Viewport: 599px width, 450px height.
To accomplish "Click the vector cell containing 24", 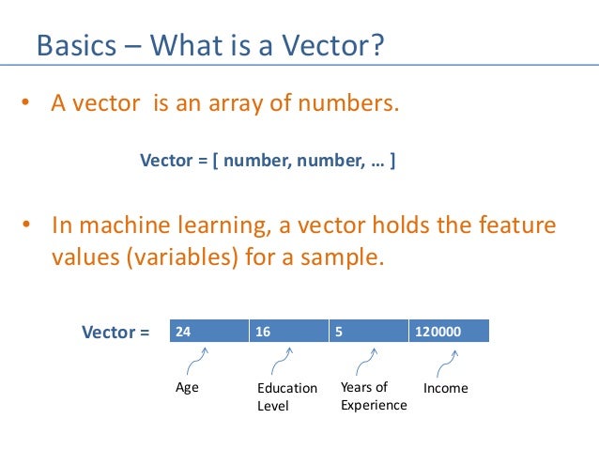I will [207, 332].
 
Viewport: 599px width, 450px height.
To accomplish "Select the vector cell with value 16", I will [287, 332].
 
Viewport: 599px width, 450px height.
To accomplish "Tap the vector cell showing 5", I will [367, 332].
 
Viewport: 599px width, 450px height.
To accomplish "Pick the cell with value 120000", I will [449, 332].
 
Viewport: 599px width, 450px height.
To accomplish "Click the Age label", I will [188, 387].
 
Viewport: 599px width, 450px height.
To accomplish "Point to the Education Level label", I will [286, 396].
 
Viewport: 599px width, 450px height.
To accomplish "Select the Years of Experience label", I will [374, 396].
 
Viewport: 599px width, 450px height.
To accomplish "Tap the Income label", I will [445, 388].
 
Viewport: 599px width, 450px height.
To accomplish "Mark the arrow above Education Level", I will [281, 361].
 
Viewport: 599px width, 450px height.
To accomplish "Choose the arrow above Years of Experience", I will [365, 361].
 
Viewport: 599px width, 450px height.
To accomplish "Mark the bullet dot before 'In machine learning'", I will [27, 226].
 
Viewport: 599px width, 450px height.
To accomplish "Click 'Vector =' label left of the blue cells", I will [115, 332].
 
